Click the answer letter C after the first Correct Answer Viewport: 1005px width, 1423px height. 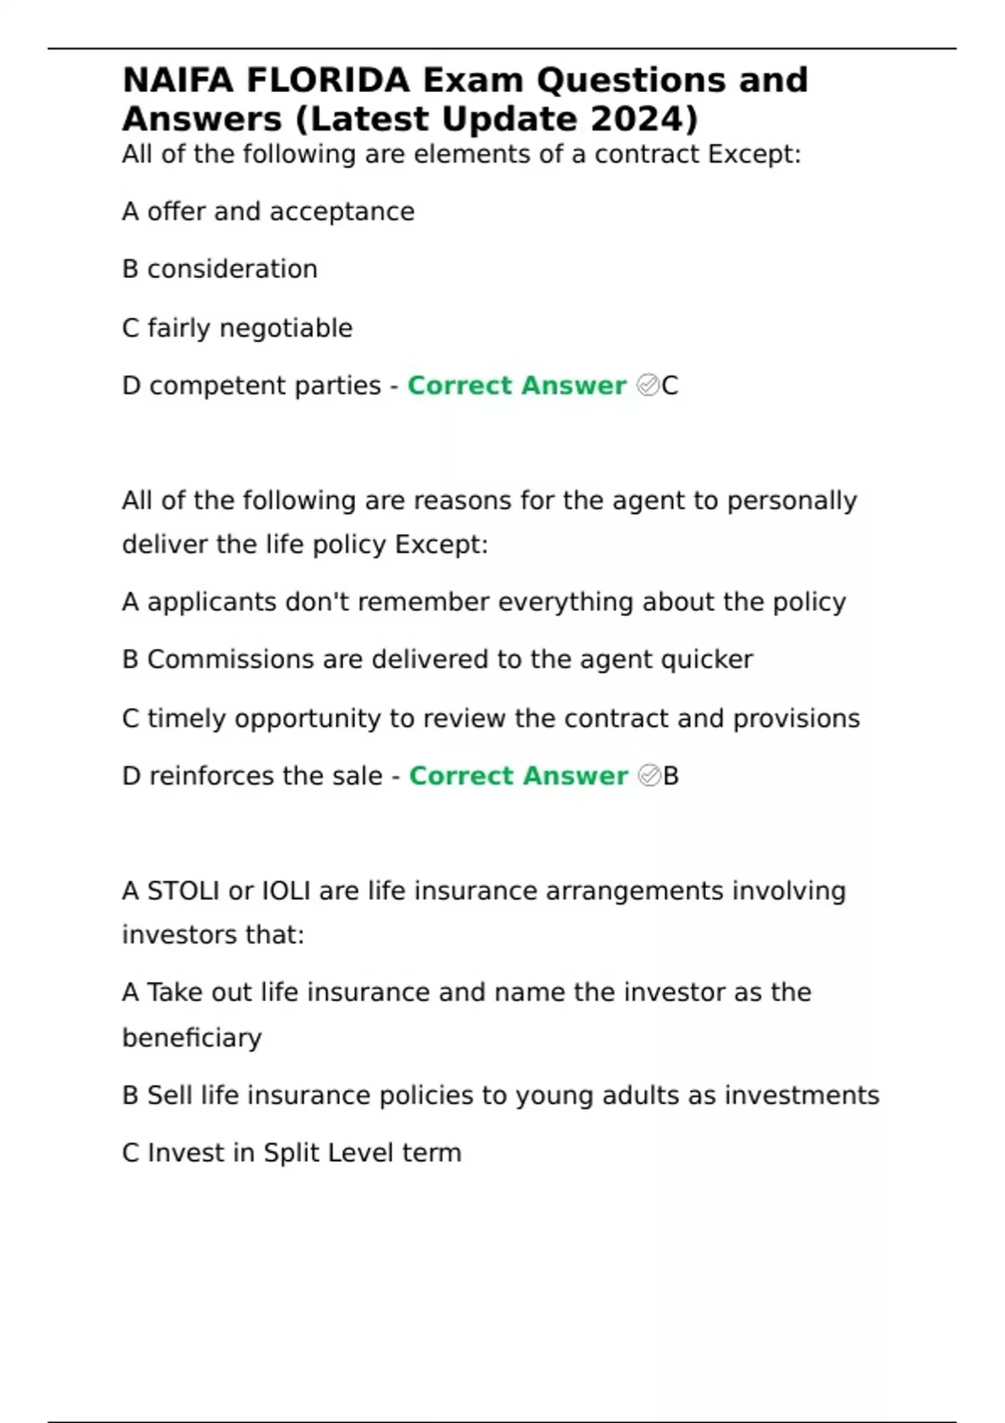(670, 386)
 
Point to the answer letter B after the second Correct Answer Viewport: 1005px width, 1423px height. (671, 776)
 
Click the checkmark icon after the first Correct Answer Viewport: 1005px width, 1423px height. (648, 385)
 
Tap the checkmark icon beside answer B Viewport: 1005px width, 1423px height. (649, 776)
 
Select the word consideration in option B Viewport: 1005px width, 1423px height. (232, 270)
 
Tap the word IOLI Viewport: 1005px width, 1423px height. (286, 891)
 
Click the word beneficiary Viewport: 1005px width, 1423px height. (192, 1038)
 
